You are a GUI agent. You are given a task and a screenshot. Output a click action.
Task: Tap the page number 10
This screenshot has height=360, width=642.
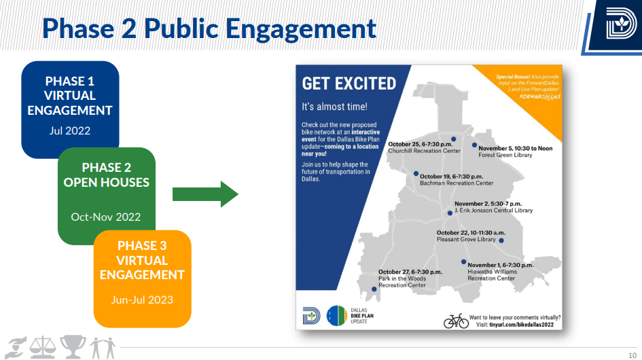tap(632, 355)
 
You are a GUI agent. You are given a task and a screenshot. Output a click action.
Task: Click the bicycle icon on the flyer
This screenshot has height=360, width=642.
tap(456, 321)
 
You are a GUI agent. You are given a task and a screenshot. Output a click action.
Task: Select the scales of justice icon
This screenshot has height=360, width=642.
tap(43, 346)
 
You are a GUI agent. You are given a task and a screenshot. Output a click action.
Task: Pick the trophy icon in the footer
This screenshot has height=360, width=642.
tap(73, 346)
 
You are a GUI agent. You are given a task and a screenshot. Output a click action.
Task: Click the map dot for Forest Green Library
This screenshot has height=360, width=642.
tap(474, 145)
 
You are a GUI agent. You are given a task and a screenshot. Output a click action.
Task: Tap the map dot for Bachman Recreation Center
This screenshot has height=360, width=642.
tap(416, 174)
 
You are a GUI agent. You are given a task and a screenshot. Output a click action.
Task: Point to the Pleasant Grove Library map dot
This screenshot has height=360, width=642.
tap(501, 240)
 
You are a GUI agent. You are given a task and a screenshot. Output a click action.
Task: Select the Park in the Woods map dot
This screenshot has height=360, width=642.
tap(374, 289)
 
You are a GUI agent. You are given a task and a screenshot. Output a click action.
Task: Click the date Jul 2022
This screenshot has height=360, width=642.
tap(69, 130)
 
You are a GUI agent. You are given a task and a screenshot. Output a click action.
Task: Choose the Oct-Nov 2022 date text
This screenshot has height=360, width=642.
tap(105, 217)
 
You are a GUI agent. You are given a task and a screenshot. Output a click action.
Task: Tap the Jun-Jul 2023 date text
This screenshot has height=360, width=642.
tap(142, 300)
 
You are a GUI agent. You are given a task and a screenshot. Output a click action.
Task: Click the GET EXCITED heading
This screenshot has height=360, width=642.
tap(349, 84)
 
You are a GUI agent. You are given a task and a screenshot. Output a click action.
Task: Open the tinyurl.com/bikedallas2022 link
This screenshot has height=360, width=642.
tap(521, 325)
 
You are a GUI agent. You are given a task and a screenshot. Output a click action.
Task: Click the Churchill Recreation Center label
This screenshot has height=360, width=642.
tap(424, 151)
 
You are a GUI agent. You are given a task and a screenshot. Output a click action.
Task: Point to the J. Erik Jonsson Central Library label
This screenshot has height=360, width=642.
tap(493, 211)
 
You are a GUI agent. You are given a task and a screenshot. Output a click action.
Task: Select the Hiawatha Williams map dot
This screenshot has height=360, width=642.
tap(463, 262)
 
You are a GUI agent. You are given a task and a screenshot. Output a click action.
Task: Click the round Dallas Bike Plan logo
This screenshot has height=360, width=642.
tap(336, 316)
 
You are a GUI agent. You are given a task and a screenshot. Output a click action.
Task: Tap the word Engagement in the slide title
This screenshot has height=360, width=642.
tap(301, 29)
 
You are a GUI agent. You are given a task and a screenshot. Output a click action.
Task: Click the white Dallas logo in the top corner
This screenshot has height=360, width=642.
tap(621, 24)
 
